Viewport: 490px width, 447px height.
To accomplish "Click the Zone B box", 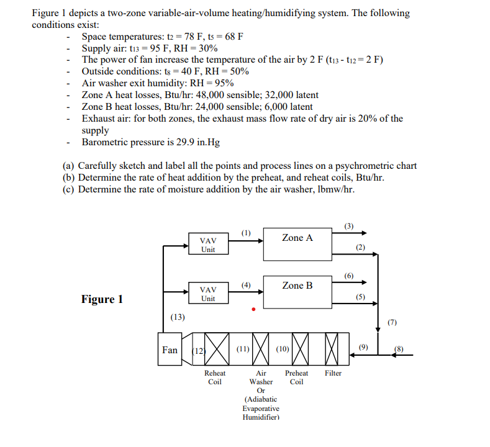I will pyautogui.click(x=297, y=291).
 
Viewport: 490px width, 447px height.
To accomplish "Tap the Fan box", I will pyautogui.click(x=170, y=350).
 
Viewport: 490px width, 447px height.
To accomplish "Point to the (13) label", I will pyautogui.click(x=178, y=317).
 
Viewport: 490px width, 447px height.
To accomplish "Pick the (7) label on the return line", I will pyautogui.click(x=392, y=322).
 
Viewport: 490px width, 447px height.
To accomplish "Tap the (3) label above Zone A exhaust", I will pyautogui.click(x=349, y=226).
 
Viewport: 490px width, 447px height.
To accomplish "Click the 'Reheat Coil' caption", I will pyautogui.click(x=215, y=377).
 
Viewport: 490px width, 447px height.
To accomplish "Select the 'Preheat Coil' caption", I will pyautogui.click(x=297, y=377).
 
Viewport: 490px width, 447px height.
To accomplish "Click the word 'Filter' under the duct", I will pyautogui.click(x=333, y=373).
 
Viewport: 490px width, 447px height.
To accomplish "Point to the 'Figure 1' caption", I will pyautogui.click(x=102, y=299).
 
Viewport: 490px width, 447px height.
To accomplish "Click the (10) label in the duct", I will pyautogui.click(x=282, y=350).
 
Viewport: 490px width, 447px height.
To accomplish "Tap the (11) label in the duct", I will pyautogui.click(x=243, y=350).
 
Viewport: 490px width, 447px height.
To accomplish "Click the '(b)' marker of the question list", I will pyautogui.click(x=70, y=178).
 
